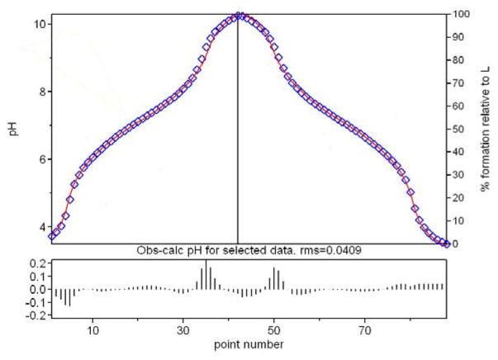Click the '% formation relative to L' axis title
pyautogui.click(x=486, y=129)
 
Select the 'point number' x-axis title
pyautogui.click(x=249, y=341)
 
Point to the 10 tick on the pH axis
pyautogui.click(x=38, y=23)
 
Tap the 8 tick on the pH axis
pyautogui.click(x=38, y=92)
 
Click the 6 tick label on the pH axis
pyautogui.click(x=38, y=159)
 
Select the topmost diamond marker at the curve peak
pyautogui.click(x=239, y=15)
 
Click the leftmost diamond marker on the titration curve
pyautogui.click(x=52, y=236)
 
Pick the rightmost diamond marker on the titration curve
pyautogui.click(x=447, y=243)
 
